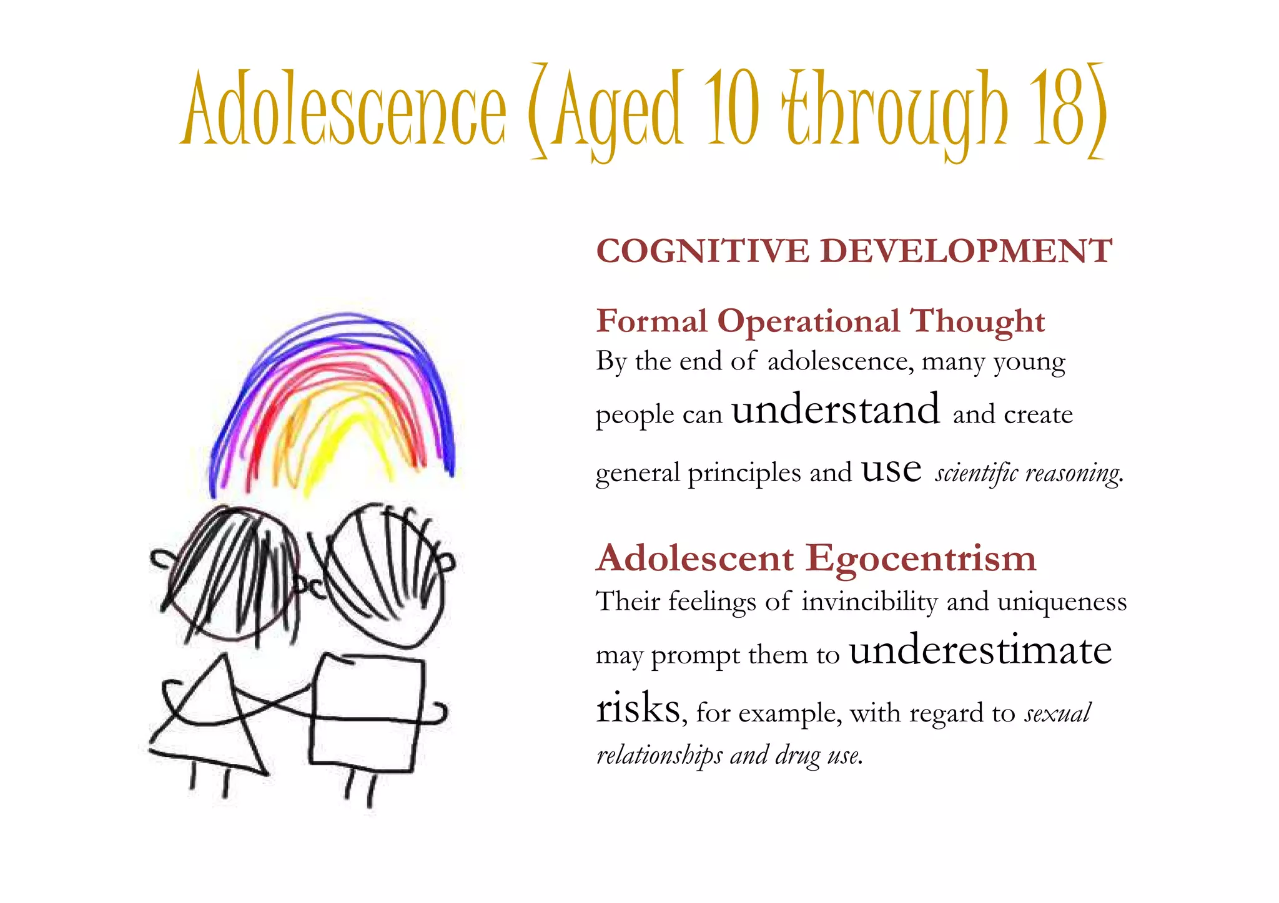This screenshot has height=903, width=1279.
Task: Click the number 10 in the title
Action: [733, 109]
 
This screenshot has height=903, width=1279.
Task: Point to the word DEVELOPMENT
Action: [965, 251]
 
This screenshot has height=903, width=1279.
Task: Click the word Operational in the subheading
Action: [809, 322]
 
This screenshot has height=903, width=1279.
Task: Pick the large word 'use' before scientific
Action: [891, 470]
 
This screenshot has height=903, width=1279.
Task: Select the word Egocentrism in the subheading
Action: [921, 558]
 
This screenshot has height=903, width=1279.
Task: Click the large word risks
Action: [638, 709]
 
